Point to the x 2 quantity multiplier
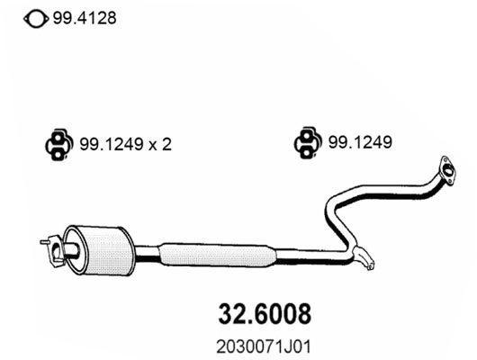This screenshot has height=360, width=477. [161, 143]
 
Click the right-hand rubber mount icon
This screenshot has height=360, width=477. [304, 143]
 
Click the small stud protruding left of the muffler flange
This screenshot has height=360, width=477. [44, 241]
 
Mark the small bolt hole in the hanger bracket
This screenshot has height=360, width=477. [367, 265]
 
